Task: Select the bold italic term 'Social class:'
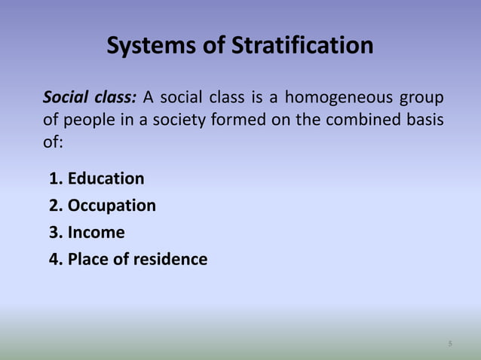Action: (x=90, y=98)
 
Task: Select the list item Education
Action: (x=106, y=178)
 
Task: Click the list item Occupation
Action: (x=112, y=206)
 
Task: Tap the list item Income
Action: (x=96, y=233)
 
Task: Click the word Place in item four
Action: (x=86, y=260)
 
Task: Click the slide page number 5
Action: (x=450, y=344)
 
